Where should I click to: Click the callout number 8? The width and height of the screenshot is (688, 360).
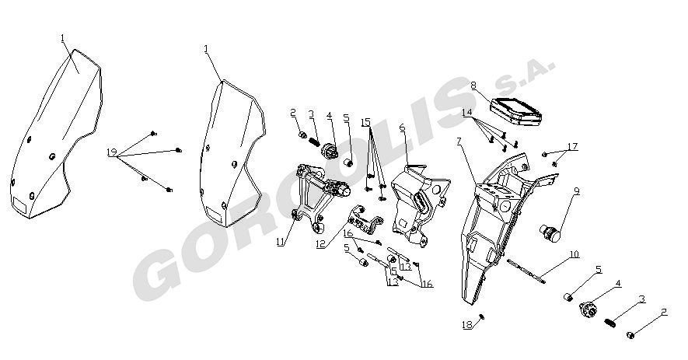pyautogui.click(x=473, y=85)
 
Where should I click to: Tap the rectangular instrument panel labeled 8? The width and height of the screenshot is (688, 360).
pyautogui.click(x=515, y=111)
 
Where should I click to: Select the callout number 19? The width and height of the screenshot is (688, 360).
pyautogui.click(x=112, y=152)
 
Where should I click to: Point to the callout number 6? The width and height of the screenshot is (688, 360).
pyautogui.click(x=403, y=128)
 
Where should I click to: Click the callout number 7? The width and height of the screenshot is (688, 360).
pyautogui.click(x=459, y=142)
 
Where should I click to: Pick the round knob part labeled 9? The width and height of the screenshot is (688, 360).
pyautogui.click(x=550, y=232)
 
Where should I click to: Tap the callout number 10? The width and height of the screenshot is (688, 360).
pyautogui.click(x=574, y=254)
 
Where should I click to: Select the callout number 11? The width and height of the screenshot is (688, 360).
pyautogui.click(x=281, y=241)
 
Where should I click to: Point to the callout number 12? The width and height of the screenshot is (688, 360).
pyautogui.click(x=321, y=243)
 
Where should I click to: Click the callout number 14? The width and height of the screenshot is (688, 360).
pyautogui.click(x=467, y=113)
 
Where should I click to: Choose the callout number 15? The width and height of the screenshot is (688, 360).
pyautogui.click(x=366, y=122)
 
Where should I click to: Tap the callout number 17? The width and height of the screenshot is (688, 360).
pyautogui.click(x=573, y=146)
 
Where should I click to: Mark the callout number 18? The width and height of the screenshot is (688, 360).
pyautogui.click(x=467, y=325)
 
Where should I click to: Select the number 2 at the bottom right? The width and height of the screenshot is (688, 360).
pyautogui.click(x=664, y=312)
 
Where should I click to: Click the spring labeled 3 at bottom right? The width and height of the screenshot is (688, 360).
pyautogui.click(x=609, y=323)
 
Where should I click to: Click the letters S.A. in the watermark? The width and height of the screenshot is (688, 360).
pyautogui.click(x=524, y=75)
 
